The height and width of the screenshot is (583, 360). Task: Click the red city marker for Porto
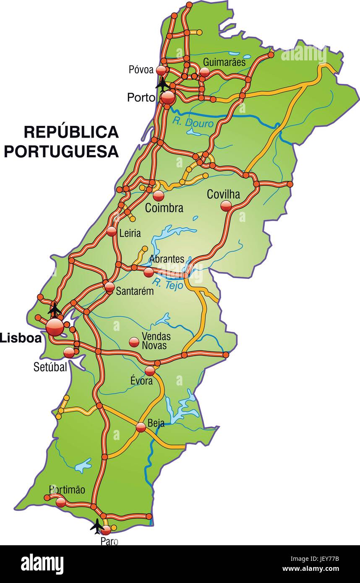167,98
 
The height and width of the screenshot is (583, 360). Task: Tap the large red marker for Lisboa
55,327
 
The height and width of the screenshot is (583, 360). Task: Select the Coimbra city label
164,208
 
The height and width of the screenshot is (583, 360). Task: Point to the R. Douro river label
193,122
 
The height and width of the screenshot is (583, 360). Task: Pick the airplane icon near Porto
162,84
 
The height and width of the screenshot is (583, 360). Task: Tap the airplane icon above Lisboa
54,309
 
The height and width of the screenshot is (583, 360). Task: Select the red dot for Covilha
226,205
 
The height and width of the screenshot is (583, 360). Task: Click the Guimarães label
224,62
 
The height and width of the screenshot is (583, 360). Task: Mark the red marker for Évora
150,371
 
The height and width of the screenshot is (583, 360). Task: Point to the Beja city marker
141,427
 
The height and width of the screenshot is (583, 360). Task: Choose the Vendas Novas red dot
134,342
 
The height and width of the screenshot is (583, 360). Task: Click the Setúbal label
50,367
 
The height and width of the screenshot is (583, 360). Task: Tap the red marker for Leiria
112,231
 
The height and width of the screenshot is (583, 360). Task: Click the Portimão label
67,489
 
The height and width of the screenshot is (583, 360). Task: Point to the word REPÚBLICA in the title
71,132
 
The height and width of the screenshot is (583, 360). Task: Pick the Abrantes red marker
149,272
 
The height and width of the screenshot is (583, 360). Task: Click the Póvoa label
141,70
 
